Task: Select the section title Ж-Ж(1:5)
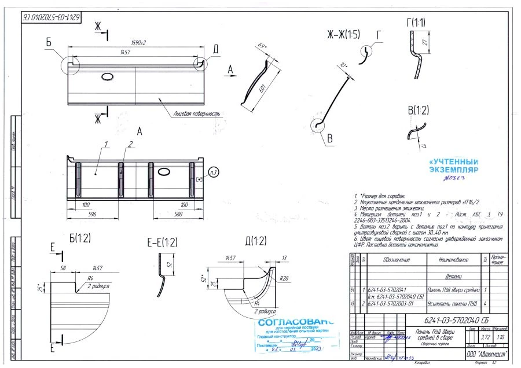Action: (x=343, y=35)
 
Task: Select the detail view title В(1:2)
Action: (x=418, y=109)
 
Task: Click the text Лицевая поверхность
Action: (x=196, y=114)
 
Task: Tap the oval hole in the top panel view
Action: (x=108, y=76)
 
